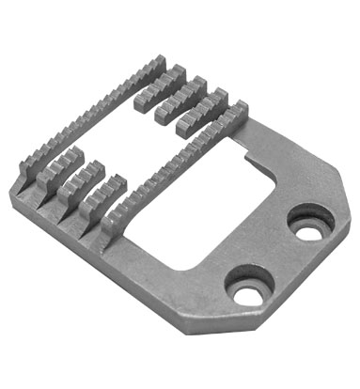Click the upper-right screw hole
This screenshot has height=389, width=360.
click(x=308, y=224)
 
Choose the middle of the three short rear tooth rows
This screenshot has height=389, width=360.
click(x=179, y=95)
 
